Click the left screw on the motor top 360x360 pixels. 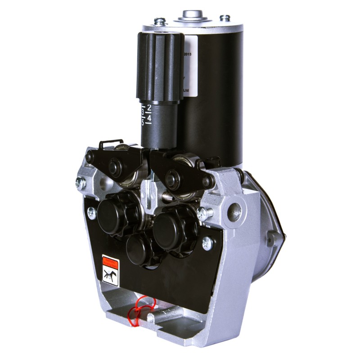(158, 21)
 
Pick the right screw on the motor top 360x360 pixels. (225, 18)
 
